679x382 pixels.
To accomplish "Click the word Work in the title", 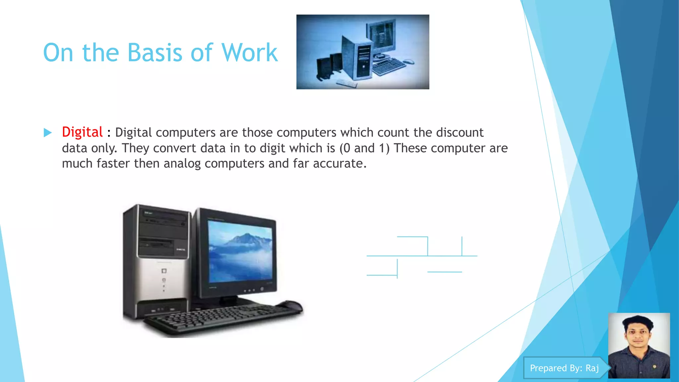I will point(249,53).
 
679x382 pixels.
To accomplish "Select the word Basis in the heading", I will point(154,53).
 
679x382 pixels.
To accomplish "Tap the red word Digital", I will point(82,132).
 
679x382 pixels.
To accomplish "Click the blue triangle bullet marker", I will point(48,133).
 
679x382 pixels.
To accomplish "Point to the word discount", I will point(460,132).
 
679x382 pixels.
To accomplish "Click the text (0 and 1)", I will point(364,148).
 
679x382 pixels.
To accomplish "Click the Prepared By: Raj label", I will point(564,368).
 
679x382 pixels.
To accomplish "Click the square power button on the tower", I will point(164,271).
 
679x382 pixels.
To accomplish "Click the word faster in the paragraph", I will point(113,163).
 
